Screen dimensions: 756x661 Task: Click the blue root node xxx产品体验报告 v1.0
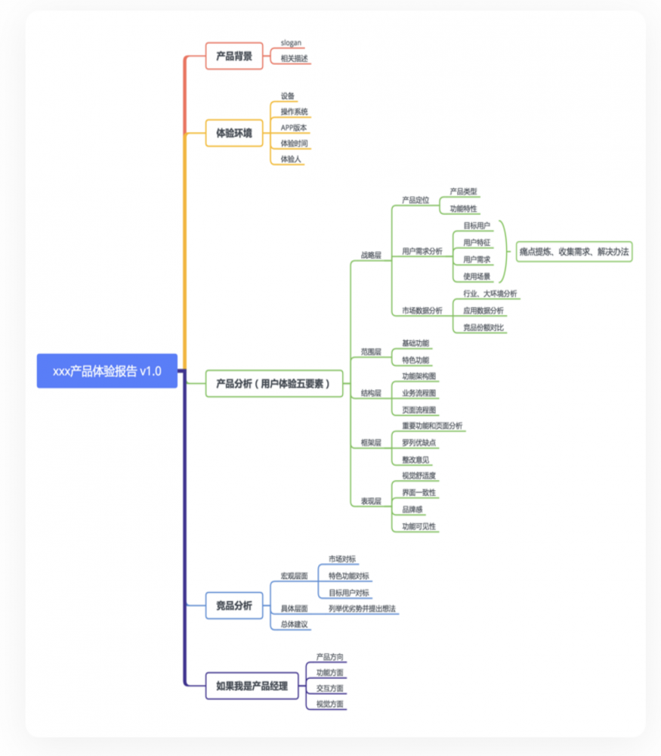point(107,371)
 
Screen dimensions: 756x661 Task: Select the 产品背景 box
point(234,56)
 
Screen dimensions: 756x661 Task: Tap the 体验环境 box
point(234,133)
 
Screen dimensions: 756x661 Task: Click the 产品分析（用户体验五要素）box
point(273,383)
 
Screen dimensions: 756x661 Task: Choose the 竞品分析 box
point(234,606)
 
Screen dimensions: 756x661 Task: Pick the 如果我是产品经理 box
point(252,686)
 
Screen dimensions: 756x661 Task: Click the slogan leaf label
point(292,43)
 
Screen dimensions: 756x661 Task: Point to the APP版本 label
point(294,127)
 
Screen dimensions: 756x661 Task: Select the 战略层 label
point(371,256)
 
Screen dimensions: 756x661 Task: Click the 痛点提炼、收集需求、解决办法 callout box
point(574,252)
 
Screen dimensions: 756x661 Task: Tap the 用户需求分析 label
point(422,251)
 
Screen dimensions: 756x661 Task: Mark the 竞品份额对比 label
point(484,327)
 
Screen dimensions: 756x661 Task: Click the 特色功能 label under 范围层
point(415,360)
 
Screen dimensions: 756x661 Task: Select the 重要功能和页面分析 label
point(432,426)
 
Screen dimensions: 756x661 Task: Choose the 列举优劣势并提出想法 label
point(362,608)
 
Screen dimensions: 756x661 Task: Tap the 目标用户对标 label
point(349,592)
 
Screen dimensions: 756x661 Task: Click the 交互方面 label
point(330,688)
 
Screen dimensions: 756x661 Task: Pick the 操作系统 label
point(294,111)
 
